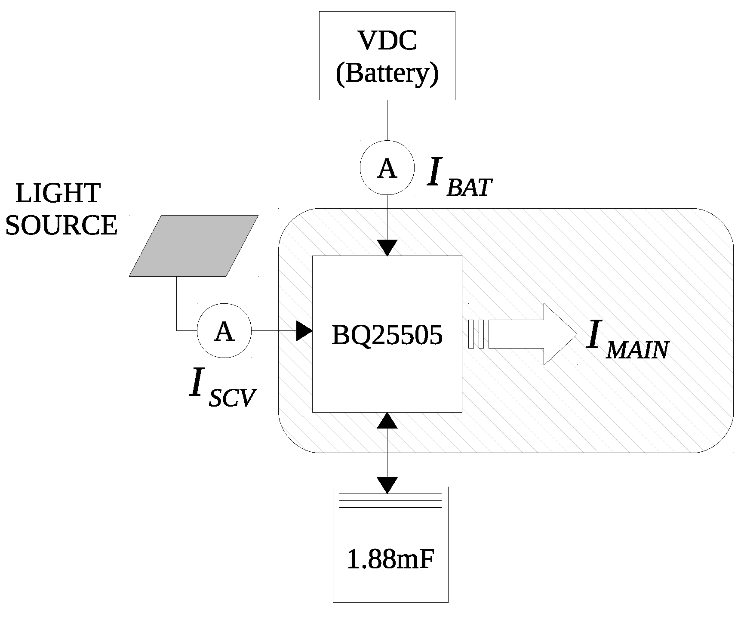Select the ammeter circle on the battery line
point(387,168)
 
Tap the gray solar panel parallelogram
point(194,245)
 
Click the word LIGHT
point(58,193)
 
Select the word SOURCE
point(61,225)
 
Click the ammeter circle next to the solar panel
point(224,331)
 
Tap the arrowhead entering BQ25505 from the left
point(304,331)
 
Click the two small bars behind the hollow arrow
point(476,334)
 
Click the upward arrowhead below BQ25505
point(387,420)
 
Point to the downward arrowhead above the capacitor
point(387,485)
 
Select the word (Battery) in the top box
point(387,73)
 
